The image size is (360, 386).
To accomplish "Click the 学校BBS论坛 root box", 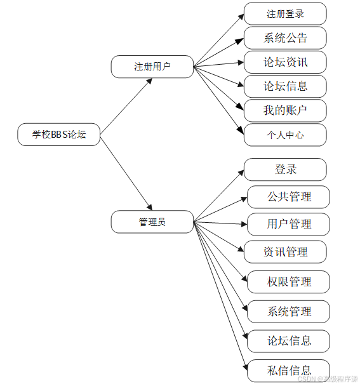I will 59,135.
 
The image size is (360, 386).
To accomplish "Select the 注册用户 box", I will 152,67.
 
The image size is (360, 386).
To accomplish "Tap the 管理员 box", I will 152,222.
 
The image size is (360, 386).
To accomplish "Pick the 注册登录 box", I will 285,14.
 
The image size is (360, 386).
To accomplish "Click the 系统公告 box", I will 285,38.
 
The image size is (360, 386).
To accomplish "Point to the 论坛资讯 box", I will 285,62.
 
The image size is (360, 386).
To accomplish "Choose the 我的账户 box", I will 285,110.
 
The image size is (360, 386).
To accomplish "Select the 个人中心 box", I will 285,135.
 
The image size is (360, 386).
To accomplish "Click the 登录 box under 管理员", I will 285,170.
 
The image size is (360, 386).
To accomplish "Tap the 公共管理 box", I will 289,197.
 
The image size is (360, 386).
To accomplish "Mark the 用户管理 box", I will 289,224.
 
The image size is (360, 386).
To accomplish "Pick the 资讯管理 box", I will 285,251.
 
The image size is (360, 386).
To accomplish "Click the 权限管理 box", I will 289,281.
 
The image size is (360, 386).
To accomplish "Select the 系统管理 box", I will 289,311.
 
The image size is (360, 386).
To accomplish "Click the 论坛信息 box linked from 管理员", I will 289,341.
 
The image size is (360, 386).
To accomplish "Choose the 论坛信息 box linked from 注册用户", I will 285,86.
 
